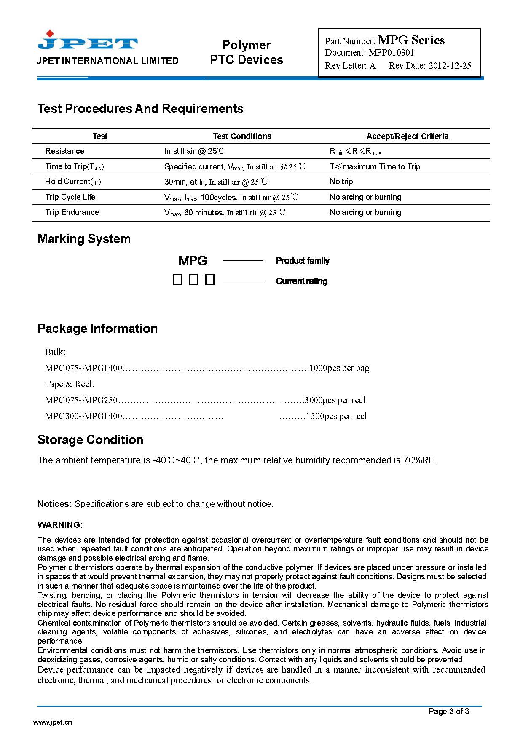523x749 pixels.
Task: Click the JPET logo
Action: coord(88,41)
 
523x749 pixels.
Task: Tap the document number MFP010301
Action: coord(391,53)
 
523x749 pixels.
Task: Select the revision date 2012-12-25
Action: coord(450,66)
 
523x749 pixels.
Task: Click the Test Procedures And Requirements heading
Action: coord(140,109)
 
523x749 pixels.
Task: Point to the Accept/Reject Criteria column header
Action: coord(407,136)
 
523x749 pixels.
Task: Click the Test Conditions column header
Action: coord(242,136)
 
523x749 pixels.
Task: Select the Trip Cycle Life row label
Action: coord(70,197)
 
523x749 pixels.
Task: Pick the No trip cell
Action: coord(341,182)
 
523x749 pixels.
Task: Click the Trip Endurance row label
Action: coord(72,212)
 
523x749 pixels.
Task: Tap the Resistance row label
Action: coord(65,151)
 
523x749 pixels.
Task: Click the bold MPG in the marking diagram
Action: coord(193,261)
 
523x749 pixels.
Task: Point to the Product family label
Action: coord(302,261)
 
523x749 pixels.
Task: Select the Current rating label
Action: coord(301,281)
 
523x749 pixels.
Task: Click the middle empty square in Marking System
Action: coord(193,280)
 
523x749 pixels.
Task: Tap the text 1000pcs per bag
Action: coord(339,368)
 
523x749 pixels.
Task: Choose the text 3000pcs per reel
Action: coord(335,400)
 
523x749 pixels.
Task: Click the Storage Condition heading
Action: coord(90,440)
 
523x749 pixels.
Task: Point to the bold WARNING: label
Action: coord(60,525)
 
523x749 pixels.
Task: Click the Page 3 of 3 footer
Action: coord(449,712)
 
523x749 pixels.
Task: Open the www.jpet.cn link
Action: coord(52,722)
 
